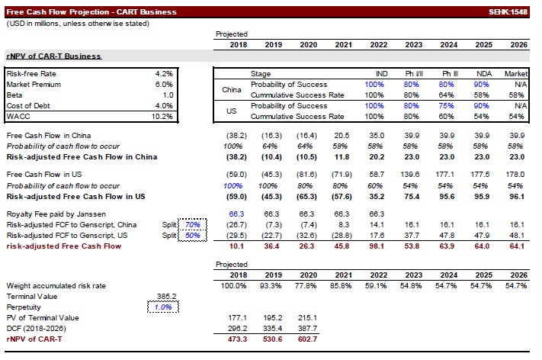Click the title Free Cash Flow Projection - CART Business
coord(91,12)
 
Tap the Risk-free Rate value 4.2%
coord(166,73)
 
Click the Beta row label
coord(15,95)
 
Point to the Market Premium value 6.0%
coord(166,84)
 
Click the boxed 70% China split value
coord(193,225)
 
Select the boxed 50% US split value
coord(193,236)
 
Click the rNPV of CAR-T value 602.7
coord(308,339)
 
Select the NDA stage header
coord(483,73)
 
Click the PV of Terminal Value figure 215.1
coord(308,317)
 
